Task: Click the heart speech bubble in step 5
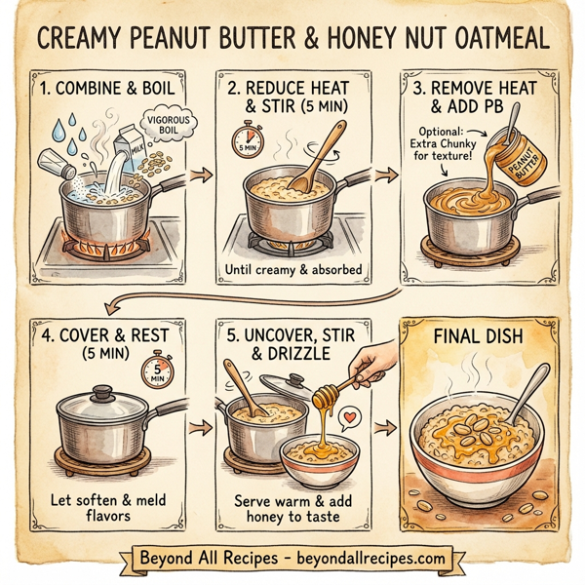348,416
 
